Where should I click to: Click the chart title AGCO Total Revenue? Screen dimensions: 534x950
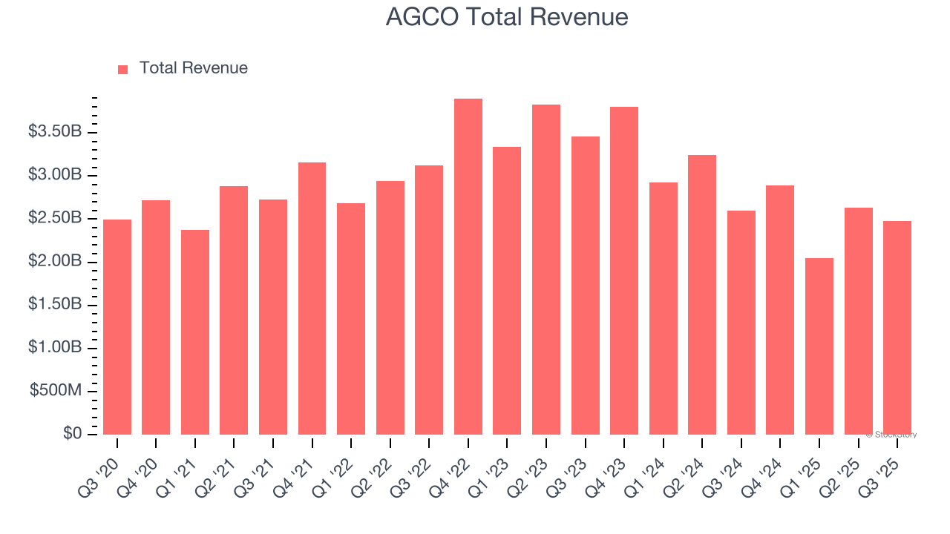coord(507,17)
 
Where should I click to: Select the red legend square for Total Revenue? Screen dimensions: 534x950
coord(123,69)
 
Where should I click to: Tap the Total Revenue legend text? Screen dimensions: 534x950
coord(193,68)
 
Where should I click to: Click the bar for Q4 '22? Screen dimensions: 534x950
coord(468,267)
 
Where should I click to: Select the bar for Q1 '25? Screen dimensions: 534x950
coord(819,346)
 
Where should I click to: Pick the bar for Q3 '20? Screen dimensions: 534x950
coord(117,327)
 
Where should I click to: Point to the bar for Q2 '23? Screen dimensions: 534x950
coord(546,270)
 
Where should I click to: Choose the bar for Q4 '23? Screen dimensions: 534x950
coord(624,271)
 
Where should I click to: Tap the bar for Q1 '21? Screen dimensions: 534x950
coord(195,332)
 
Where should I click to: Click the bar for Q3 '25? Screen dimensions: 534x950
coord(897,328)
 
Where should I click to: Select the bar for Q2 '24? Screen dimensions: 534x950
coord(702,295)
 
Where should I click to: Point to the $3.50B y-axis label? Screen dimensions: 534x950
coord(54,132)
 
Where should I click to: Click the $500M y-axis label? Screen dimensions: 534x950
coord(56,391)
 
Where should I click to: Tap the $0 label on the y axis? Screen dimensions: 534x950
coord(72,434)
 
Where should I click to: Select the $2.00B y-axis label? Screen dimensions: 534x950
coord(54,262)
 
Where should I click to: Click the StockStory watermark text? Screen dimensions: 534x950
coord(893,435)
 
